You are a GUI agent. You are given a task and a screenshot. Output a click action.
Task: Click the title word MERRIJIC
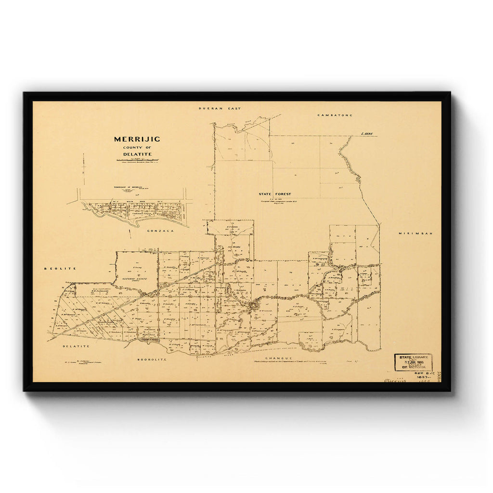[137, 139]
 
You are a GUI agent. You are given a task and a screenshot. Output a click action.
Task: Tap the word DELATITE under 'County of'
[137, 154]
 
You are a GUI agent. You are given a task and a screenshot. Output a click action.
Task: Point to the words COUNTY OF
[137, 147]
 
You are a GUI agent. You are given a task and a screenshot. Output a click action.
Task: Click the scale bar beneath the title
[137, 159]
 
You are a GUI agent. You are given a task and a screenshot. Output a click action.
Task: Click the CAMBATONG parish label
[335, 115]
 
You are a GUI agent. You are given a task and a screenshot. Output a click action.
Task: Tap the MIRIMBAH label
[415, 234]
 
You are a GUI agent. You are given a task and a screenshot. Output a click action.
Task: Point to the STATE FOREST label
[275, 194]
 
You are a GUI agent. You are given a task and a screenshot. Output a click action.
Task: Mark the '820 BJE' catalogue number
[420, 374]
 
